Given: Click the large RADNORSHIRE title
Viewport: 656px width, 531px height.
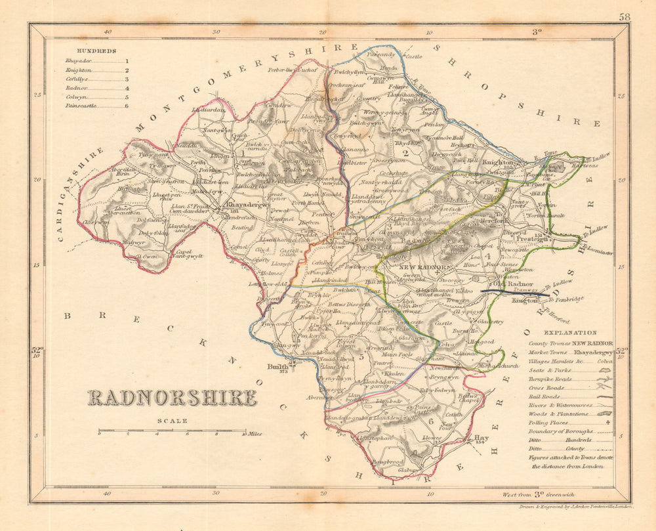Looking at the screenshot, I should coord(172,398).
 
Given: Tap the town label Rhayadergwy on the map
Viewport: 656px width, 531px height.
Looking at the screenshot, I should coord(248,204).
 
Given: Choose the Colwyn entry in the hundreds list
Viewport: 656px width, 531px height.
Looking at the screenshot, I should coord(76,96).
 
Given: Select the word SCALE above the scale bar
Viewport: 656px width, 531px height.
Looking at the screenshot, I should coord(172,421).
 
